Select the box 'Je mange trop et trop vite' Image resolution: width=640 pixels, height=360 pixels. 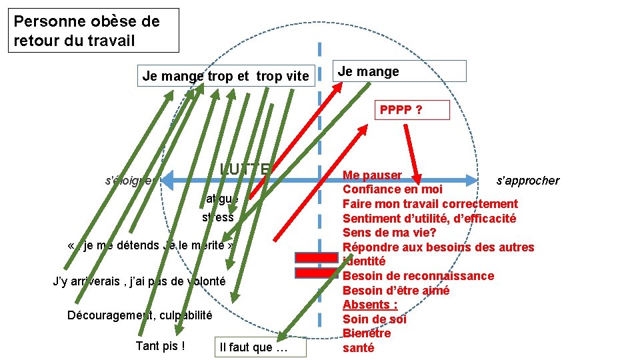pos(225,77)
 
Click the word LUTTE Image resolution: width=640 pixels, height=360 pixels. pos(245,169)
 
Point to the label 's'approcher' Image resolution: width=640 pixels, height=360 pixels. pos(528,181)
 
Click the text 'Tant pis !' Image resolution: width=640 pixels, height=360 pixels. pos(160,346)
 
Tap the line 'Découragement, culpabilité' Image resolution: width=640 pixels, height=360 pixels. pos(139,315)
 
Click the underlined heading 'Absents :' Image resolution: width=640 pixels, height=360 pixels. pos(370,305)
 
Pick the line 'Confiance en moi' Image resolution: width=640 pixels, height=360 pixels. pos(393,189)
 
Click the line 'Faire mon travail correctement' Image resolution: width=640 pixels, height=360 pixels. pos(430,204)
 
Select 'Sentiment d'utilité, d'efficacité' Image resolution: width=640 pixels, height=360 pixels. pos(429,219)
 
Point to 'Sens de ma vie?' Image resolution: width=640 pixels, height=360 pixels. pos(389,233)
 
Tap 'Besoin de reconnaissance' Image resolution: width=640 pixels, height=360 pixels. pos(419,276)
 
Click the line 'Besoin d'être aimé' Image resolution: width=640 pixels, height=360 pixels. pos(396,291)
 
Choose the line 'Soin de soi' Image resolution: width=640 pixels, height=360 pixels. pos(375,319)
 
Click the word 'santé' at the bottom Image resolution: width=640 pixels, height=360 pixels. pos(359,348)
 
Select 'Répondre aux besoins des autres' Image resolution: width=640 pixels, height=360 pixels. pos(438,247)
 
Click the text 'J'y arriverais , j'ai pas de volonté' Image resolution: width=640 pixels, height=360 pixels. pos(139,281)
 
